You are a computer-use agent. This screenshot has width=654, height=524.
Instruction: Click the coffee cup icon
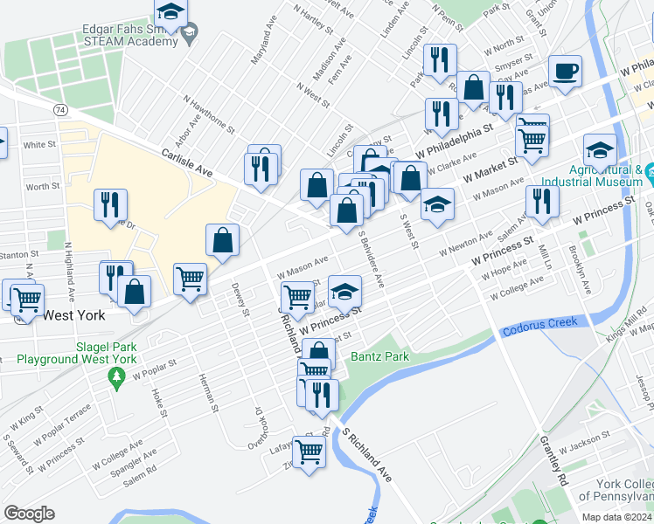[x=565, y=71]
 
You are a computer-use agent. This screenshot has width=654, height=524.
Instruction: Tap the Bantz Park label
[x=379, y=357]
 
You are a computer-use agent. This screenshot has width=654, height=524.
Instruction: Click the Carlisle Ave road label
[x=187, y=162]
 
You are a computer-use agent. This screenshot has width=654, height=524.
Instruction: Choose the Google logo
[x=29, y=514]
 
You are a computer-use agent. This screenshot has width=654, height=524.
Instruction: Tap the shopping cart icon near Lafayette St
[x=309, y=452]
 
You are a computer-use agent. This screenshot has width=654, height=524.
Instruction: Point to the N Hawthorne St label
[x=208, y=116]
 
